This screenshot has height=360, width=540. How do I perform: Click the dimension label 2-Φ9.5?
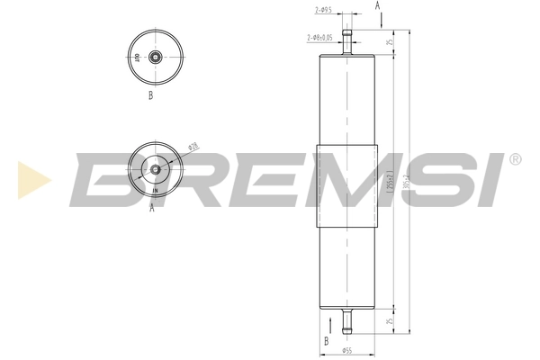(x=324, y=10)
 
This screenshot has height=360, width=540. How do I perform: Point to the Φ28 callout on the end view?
(x=193, y=146)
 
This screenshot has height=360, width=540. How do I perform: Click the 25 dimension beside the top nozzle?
(x=389, y=42)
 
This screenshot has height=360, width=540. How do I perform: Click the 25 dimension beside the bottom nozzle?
(x=389, y=319)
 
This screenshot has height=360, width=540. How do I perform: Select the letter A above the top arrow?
(x=377, y=5)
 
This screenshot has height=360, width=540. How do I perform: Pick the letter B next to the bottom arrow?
(x=326, y=341)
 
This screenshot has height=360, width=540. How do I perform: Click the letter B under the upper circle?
(x=150, y=94)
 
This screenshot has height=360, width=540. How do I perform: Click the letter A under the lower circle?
(x=151, y=206)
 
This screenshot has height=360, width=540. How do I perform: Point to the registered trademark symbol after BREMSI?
(x=515, y=159)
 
